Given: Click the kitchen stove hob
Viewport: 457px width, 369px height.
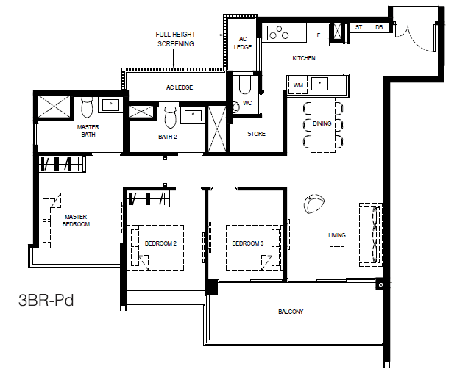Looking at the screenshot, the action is point(279,32).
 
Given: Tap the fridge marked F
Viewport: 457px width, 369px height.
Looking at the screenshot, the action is point(319,35).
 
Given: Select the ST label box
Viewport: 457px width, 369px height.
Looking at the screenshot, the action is point(359,27).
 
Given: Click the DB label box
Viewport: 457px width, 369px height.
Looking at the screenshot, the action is point(379,27).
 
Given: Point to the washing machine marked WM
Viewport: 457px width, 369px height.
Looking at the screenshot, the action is point(298,85).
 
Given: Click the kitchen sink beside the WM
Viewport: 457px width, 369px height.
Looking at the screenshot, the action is point(319,84).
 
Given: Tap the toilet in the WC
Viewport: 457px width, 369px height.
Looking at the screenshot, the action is point(245,85).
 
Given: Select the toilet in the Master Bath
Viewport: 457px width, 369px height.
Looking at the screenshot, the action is point(87,107).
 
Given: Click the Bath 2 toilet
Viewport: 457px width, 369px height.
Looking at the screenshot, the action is point(170,118).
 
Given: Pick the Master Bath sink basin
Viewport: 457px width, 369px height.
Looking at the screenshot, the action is point(110,105).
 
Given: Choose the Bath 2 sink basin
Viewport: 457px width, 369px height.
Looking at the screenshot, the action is point(193,116).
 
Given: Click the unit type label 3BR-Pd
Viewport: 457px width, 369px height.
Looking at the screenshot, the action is point(46,301).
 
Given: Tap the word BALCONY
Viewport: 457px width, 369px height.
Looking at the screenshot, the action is point(291,312).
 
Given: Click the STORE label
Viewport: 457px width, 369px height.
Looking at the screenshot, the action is point(257,134).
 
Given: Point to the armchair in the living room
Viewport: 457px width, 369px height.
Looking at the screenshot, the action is point(314,204).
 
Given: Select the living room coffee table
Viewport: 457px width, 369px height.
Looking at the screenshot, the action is point(337,234).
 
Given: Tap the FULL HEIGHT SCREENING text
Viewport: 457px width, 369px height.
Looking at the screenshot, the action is point(175,39).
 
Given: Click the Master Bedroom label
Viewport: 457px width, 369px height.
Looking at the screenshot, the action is point(76,221).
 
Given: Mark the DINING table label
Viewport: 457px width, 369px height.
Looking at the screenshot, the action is point(322,123).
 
